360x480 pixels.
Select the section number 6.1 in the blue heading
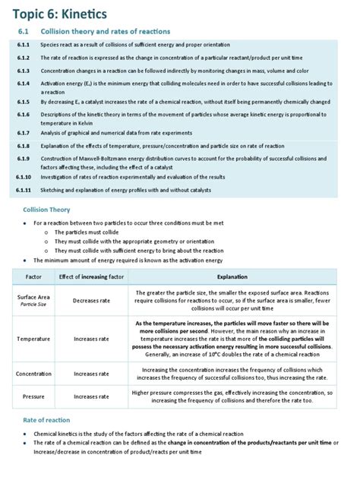(x=24, y=31)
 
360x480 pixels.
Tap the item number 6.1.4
(x=23, y=83)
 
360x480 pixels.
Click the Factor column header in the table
(x=33, y=277)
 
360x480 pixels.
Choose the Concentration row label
(x=33, y=374)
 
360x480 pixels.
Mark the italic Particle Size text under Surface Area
(x=33, y=305)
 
